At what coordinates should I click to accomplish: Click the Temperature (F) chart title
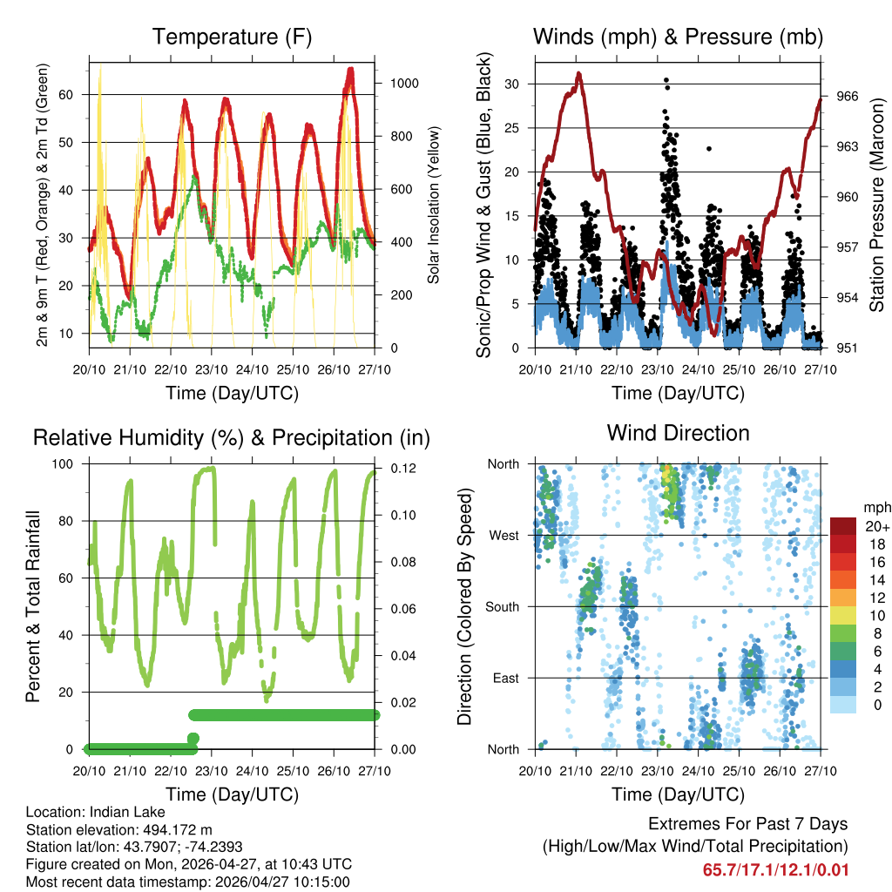coord(232,37)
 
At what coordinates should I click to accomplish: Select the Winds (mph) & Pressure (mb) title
coord(678,37)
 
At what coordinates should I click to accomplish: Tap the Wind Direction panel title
coord(678,433)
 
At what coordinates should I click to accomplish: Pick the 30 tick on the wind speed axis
coord(518,84)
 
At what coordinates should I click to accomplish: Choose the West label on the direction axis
coord(503,535)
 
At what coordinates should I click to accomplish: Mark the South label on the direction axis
coord(501,606)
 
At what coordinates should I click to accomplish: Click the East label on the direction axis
coord(505,678)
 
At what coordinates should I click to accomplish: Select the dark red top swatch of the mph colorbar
coord(843,526)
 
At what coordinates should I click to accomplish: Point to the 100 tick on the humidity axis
coord(71,464)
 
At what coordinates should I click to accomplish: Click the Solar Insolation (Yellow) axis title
coord(433,205)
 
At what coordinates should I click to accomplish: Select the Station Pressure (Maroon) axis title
coord(877,205)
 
